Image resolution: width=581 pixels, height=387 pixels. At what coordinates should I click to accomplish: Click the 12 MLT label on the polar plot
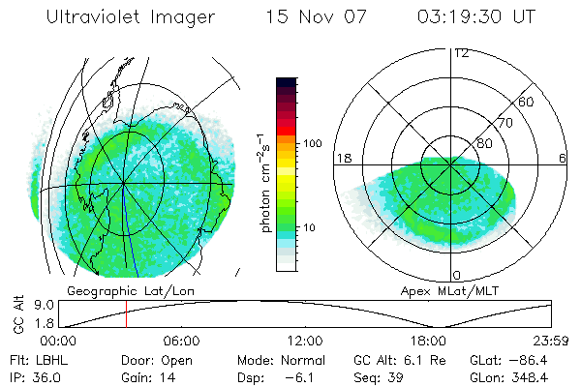[461, 53]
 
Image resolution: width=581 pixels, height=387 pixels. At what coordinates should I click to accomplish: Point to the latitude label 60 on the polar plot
[527, 103]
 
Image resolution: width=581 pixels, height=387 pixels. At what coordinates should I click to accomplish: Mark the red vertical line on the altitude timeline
[126, 314]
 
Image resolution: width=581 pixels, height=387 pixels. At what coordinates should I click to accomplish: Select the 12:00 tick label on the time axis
[305, 342]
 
